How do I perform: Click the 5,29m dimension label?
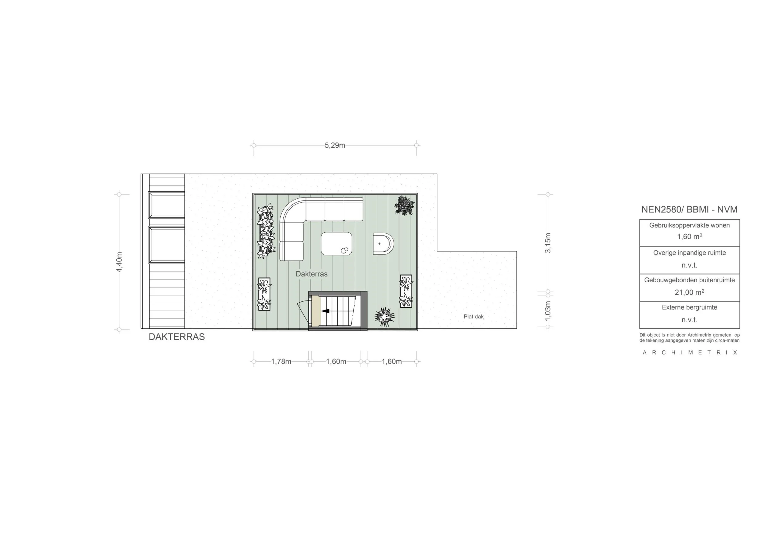pos(335,146)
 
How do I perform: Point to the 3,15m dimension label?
pos(548,243)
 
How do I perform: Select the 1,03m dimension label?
pos(548,311)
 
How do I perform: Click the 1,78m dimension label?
pos(281,362)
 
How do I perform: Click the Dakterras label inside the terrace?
pos(311,274)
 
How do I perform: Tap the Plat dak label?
pos(473,317)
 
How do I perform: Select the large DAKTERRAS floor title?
pos(176,337)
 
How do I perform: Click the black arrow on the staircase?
pos(325,311)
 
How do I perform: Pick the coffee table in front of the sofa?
pos(336,244)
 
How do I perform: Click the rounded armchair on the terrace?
pos(383,243)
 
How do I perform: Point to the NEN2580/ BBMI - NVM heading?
pos(689,209)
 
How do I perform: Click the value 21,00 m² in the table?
pos(689,293)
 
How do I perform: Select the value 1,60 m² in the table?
pos(689,237)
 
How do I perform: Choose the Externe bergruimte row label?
pos(689,307)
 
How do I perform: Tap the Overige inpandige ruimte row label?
pos(689,253)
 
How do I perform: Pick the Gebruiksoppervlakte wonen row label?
pos(689,225)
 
